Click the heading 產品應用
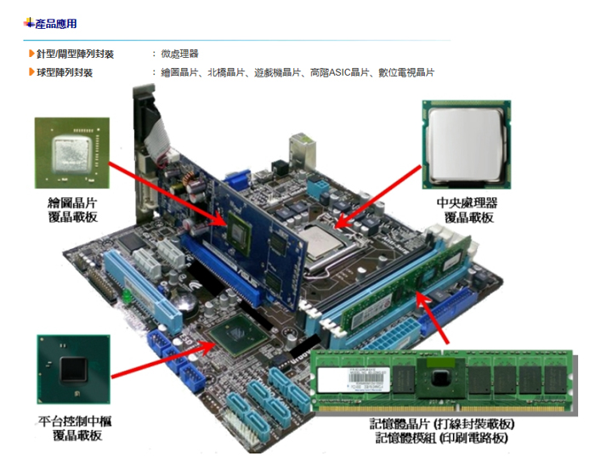55,23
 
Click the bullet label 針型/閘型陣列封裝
75,54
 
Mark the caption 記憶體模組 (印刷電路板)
442,438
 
